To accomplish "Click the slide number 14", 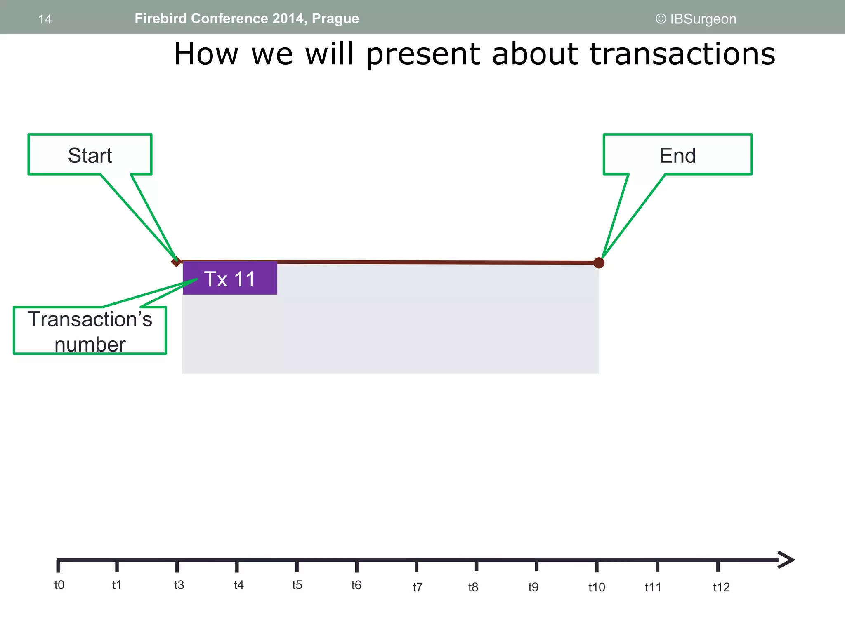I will tap(45, 19).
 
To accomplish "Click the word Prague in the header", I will tap(335, 19).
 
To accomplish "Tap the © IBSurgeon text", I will tap(696, 19).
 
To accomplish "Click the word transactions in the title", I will tap(682, 54).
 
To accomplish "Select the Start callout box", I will tap(90, 155).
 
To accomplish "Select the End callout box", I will tap(677, 155).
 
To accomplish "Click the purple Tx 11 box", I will tap(230, 279).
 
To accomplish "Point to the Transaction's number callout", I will tap(90, 331).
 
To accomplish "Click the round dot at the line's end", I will tap(599, 263).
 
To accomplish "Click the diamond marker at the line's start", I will tap(176, 261).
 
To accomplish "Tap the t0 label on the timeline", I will tap(59, 585).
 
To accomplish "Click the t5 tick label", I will tap(297, 585).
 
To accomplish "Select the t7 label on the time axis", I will tap(418, 587).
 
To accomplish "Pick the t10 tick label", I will tap(597, 587).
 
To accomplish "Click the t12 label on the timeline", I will tap(721, 587).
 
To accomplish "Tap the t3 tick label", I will tap(179, 585).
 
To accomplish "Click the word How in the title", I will tap(206, 54).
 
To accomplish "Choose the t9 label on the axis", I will tap(533, 587).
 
